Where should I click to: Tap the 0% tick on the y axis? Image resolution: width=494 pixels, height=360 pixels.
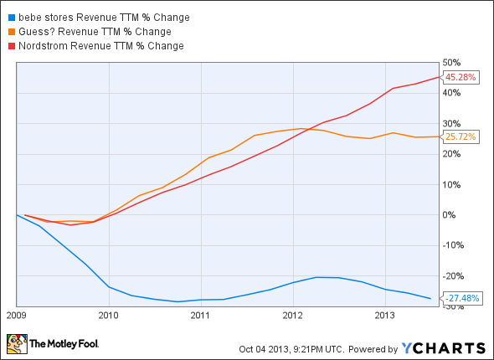[450, 215]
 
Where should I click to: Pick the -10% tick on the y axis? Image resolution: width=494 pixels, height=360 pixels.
[453, 246]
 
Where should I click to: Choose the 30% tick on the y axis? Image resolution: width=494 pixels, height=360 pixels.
[452, 124]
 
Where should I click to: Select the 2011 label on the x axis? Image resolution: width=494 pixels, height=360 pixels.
[199, 316]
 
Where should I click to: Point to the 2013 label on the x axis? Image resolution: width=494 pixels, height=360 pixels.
[383, 316]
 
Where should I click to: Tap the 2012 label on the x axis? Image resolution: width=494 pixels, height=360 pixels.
[291, 316]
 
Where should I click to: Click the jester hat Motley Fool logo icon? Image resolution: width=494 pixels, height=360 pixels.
[16, 343]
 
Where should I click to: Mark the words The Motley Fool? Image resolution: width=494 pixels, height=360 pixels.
[65, 344]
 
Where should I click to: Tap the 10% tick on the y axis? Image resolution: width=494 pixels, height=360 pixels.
[452, 185]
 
